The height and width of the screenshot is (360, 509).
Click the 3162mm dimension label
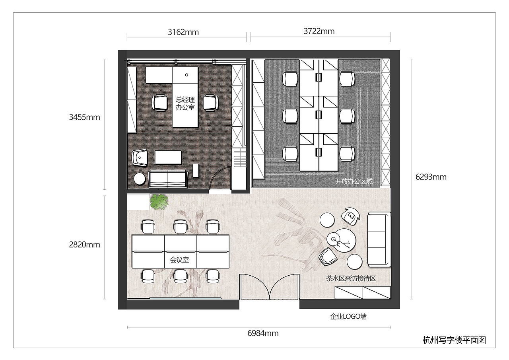183,32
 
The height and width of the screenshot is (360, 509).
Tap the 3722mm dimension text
319,31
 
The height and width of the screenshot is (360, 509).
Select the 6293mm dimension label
431,177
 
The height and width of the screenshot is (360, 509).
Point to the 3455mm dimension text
85,117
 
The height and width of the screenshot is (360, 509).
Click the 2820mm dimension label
85,245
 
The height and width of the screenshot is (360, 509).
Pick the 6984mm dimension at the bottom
263,333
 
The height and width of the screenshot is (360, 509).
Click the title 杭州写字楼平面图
454,340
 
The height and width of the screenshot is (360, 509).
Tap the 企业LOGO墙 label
348,316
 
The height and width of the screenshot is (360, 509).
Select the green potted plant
159,202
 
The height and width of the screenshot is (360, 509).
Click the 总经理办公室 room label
185,103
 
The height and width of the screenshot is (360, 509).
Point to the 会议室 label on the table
179,259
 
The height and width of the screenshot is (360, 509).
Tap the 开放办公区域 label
354,181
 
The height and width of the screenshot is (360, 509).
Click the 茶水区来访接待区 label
351,278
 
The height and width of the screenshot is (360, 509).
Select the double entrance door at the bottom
269,287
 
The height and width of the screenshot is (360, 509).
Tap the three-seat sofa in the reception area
379,239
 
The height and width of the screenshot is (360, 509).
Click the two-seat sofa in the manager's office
168,179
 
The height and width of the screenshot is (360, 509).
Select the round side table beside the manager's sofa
139,179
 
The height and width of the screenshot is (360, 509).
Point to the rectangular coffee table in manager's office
168,157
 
